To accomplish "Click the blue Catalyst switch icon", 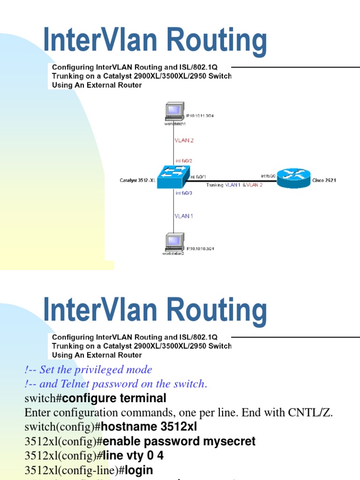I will [x=173, y=178].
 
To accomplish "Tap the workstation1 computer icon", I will [x=174, y=112].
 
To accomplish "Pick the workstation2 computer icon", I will [x=174, y=242].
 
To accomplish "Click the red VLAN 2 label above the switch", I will [x=184, y=140].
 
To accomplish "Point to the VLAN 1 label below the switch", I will [x=183, y=216].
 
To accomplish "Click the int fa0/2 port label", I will [x=184, y=160].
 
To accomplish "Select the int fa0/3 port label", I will [x=184, y=193].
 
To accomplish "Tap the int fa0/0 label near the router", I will [x=268, y=176].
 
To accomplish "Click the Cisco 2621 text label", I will [x=324, y=180].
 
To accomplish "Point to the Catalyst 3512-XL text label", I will [x=138, y=180].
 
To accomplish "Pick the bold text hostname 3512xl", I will [x=149, y=427].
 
